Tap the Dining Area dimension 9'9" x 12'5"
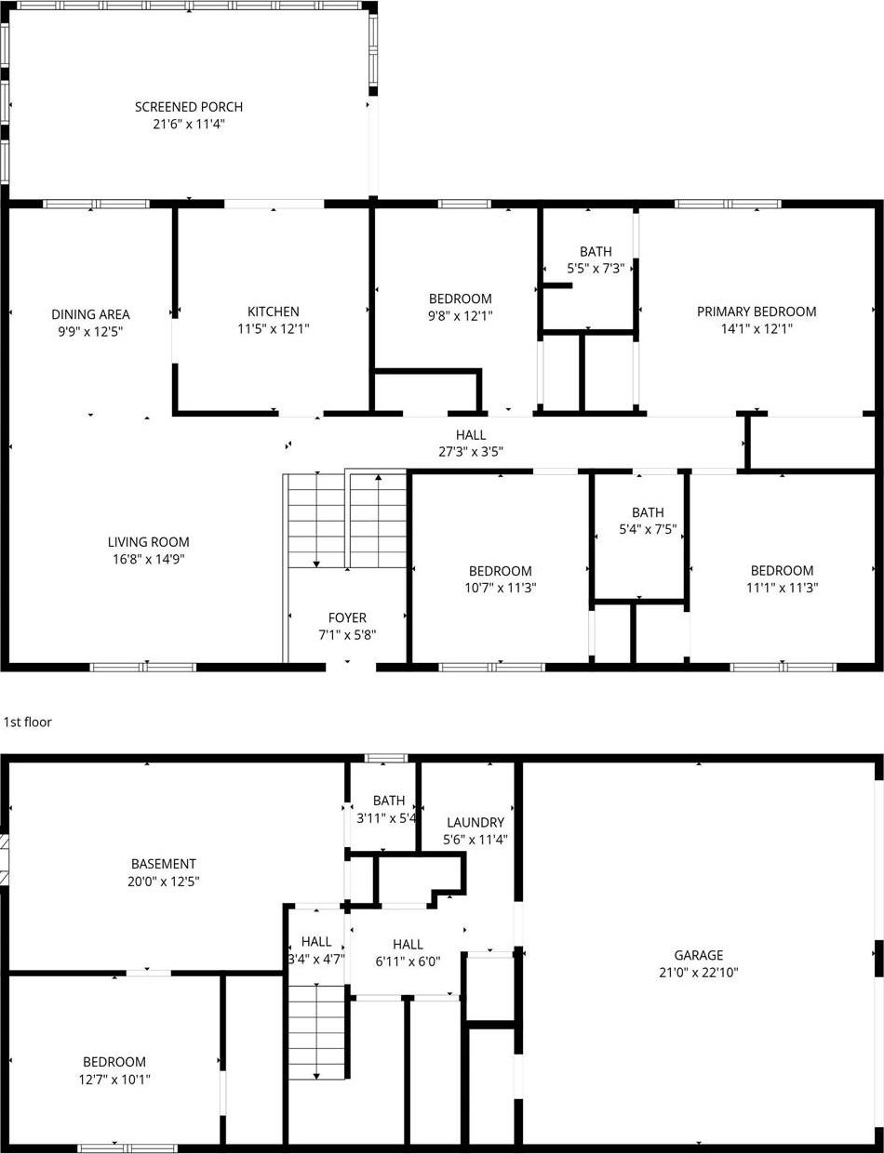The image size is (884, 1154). (x=90, y=331)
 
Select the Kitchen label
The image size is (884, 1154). (x=273, y=312)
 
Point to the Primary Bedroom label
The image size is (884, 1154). (x=756, y=312)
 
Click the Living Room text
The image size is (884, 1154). (x=148, y=542)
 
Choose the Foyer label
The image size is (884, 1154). (x=347, y=617)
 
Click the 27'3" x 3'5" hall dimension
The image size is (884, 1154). (x=471, y=452)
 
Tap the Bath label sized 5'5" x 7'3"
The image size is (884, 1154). (x=596, y=251)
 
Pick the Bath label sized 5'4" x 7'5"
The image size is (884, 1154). (x=648, y=512)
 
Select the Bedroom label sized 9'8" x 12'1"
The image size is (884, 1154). (x=460, y=298)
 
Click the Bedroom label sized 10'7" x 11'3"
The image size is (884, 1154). (x=500, y=571)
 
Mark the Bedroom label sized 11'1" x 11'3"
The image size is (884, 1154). (x=782, y=571)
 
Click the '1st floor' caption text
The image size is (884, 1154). (x=28, y=722)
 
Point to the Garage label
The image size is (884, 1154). (x=698, y=955)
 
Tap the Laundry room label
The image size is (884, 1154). (x=475, y=822)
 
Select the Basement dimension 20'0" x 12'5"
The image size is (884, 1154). (x=163, y=882)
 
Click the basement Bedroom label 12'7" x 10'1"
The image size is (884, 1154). (x=114, y=1062)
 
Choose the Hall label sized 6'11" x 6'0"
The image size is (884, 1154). (x=408, y=944)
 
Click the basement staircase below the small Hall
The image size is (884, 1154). (x=317, y=1032)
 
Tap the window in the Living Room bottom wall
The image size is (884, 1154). (x=143, y=667)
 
